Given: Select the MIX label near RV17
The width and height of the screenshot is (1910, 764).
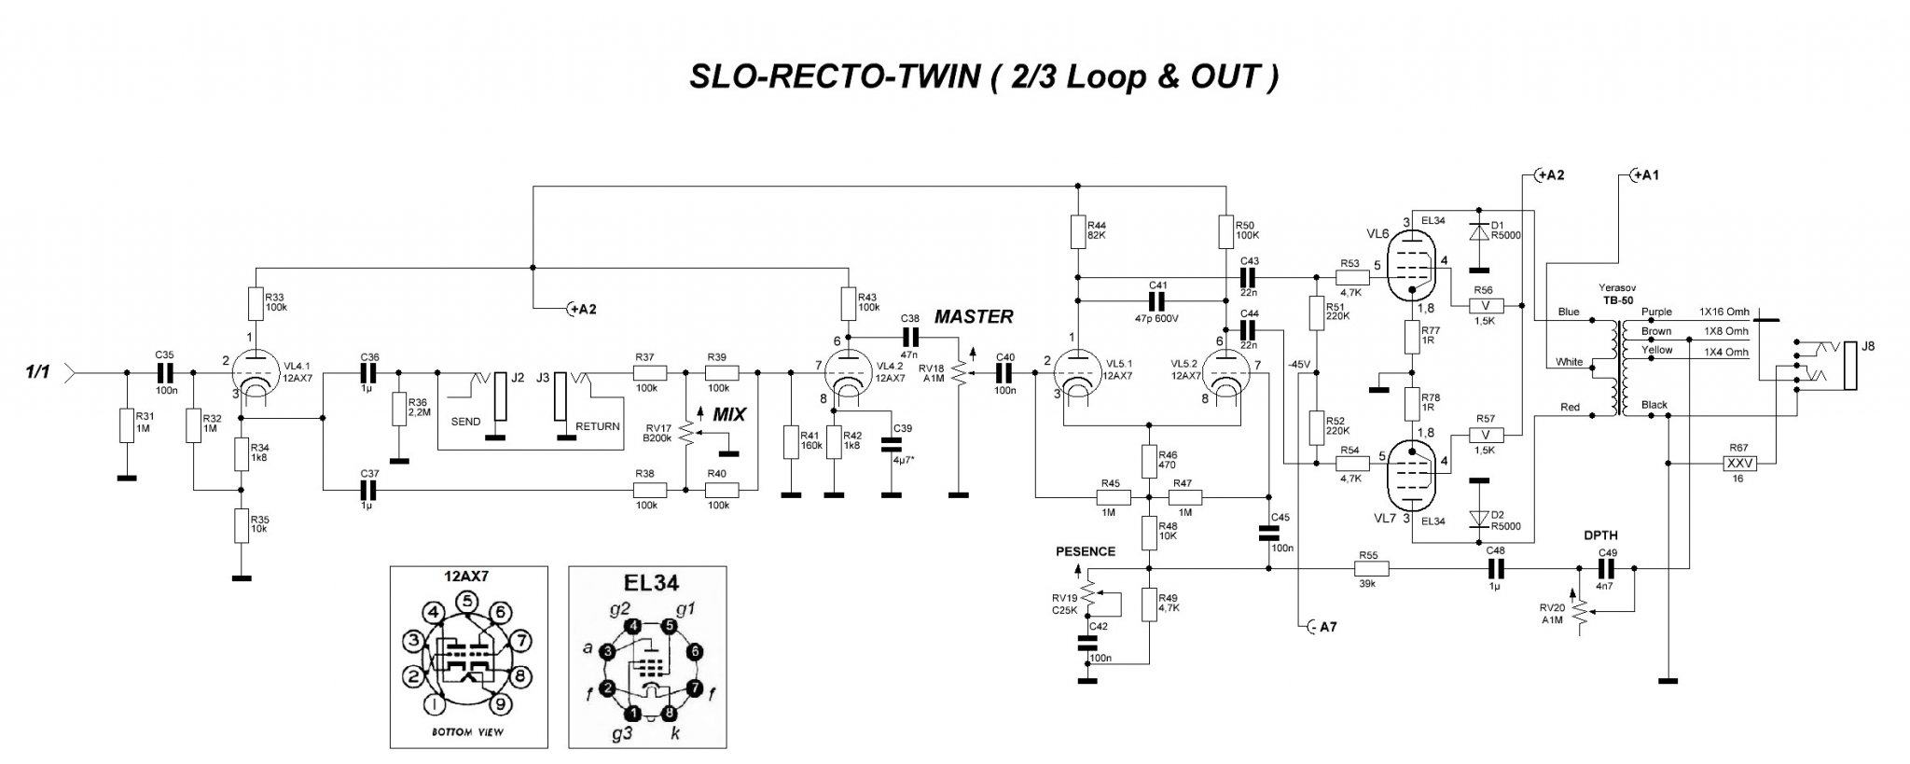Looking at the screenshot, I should (x=728, y=415).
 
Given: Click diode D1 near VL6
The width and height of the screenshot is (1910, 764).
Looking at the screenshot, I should (x=1478, y=229).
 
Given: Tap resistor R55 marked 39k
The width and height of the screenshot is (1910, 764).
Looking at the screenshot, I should (x=1368, y=568).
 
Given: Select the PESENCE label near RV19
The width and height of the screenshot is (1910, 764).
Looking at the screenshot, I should (x=1086, y=551).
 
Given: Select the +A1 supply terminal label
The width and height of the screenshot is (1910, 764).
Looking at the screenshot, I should (x=1647, y=175).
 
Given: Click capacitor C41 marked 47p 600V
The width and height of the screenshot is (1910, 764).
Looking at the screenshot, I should (x=1157, y=300).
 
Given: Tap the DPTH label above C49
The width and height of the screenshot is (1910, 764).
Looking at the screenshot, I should (x=1600, y=535).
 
